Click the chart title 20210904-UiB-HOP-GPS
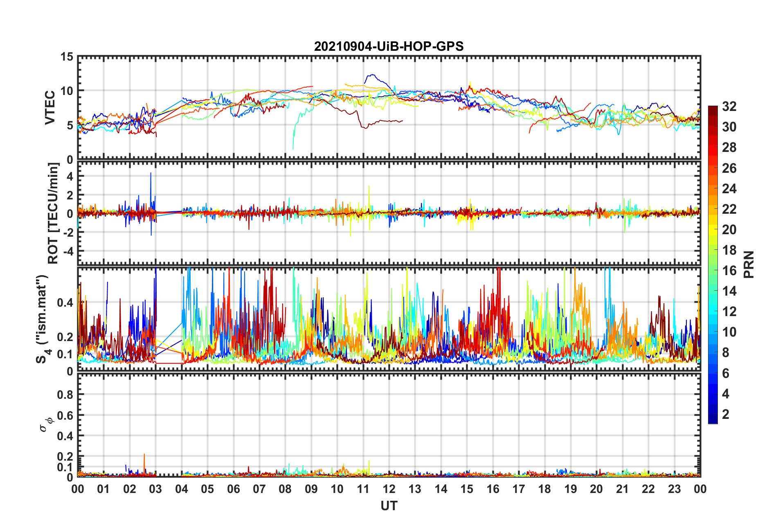click(389, 46)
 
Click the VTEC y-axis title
click(49, 108)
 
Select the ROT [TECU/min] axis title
click(54, 213)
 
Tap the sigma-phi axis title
click(45, 424)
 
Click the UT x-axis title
click(389, 506)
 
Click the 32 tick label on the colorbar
click(729, 106)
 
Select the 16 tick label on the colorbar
click(729, 271)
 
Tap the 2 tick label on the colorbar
click(726, 414)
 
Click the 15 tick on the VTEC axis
click(67, 57)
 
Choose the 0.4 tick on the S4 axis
click(65, 303)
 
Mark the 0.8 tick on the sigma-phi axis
click(65, 395)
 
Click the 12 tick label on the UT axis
click(389, 489)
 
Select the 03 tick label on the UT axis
click(155, 489)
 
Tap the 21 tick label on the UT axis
click(622, 489)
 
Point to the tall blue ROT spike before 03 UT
click(151, 174)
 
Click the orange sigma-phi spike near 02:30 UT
click(144, 455)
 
